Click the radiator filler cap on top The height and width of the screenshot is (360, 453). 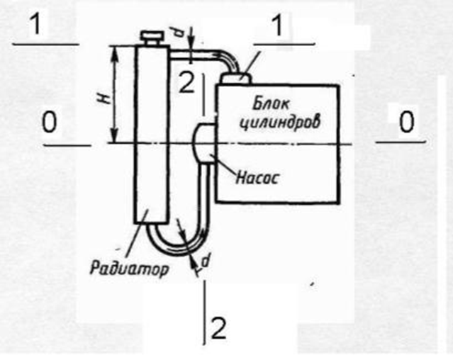(152, 35)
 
